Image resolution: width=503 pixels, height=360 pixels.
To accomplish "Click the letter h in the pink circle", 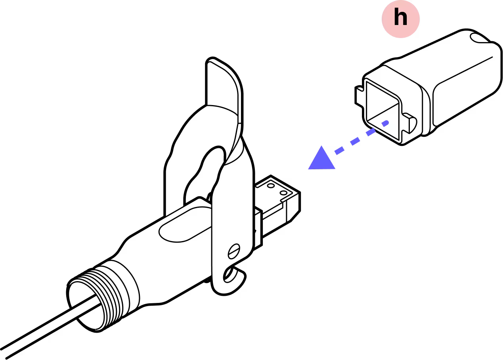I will pyautogui.click(x=400, y=19).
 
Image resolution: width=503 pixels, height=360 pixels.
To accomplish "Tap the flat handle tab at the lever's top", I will pyautogui.click(x=224, y=85).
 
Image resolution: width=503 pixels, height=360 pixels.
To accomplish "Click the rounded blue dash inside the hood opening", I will pyautogui.click(x=385, y=123).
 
